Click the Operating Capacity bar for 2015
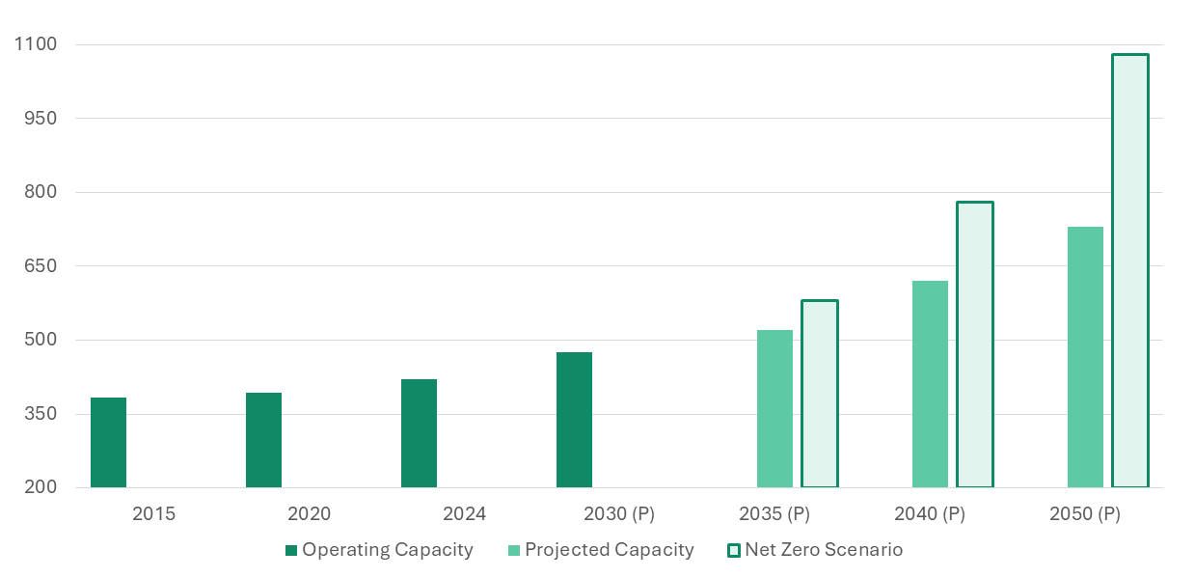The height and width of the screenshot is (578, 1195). tap(108, 443)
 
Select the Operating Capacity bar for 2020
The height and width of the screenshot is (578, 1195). tap(263, 440)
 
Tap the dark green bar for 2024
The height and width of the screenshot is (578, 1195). tap(419, 433)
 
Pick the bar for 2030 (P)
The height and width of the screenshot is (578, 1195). tap(574, 420)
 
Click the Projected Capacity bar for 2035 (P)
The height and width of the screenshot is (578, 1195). tap(774, 409)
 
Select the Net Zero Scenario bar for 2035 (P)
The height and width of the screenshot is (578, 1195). tap(820, 394)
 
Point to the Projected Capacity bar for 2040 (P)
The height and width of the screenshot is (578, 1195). tap(930, 384)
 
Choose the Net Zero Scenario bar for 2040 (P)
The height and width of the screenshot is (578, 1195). tap(975, 344)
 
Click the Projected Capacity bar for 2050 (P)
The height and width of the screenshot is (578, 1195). tap(1085, 357)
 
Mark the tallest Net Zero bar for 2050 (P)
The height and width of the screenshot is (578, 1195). tap(1130, 271)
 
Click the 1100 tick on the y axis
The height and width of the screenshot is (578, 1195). tap(36, 44)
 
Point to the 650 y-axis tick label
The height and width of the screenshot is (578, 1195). tap(40, 266)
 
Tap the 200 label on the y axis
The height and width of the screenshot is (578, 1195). tap(40, 487)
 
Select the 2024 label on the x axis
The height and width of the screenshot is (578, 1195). tap(464, 514)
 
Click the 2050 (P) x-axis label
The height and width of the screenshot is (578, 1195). tap(1084, 514)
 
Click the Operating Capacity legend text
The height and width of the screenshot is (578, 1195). tap(387, 550)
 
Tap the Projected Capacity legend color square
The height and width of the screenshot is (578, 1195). tap(514, 550)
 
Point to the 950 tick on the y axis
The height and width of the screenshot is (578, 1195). tap(40, 119)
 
